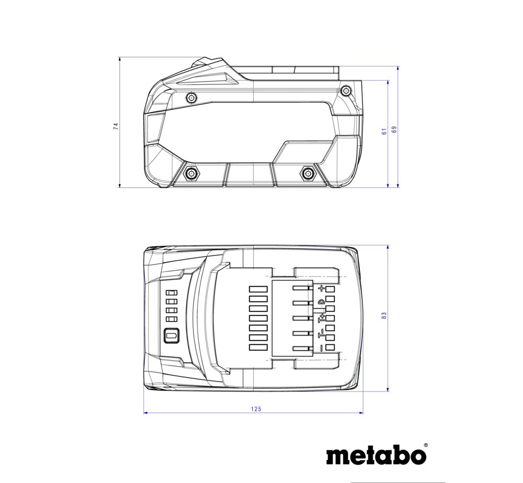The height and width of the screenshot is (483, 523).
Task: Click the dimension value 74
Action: (116, 126)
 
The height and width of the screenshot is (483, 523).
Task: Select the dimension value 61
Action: (384, 131)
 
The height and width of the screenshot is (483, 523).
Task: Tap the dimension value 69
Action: (394, 129)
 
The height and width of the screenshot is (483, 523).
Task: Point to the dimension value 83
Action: (384, 315)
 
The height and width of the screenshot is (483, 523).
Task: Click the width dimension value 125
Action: (256, 409)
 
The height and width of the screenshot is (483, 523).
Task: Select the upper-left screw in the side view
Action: (191, 97)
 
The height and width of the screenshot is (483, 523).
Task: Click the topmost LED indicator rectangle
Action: (172, 293)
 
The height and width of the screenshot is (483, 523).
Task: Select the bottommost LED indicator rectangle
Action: (172, 320)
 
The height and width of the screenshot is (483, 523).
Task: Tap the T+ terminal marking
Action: (321, 318)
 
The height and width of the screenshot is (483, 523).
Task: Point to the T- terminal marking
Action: (321, 332)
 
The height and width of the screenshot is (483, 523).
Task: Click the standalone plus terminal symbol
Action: (321, 288)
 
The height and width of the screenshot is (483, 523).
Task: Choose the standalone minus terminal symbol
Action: (321, 348)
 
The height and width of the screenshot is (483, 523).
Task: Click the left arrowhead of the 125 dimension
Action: (145, 413)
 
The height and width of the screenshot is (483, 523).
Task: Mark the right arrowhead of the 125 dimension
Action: (361, 413)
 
